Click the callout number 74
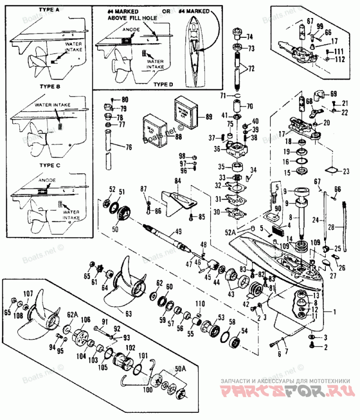[x=249, y=36]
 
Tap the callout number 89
[x=208, y=117]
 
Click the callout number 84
[x=177, y=181]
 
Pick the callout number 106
[x=85, y=320]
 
